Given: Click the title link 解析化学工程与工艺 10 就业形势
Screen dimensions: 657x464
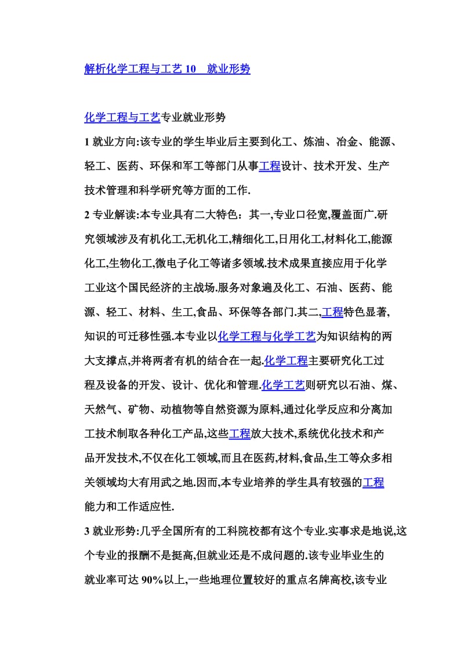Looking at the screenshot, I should coord(167,69).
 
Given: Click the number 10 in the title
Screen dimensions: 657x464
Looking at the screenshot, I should coord(189,69).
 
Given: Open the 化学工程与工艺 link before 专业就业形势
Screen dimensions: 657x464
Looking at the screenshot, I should coord(122,118).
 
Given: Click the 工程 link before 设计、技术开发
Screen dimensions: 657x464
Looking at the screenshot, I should coord(269,167).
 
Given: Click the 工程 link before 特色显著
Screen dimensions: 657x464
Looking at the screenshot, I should coord(332,312).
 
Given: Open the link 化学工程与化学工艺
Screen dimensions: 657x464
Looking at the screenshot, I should coord(267,337).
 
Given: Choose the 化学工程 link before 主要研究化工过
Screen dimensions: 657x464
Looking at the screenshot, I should coord(285,361).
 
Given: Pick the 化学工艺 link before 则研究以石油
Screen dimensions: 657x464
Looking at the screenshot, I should coord(283,385).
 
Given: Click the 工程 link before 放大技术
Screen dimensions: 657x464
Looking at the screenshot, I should coord(240,434).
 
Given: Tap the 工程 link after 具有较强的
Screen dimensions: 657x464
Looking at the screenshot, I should coord(373,482).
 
